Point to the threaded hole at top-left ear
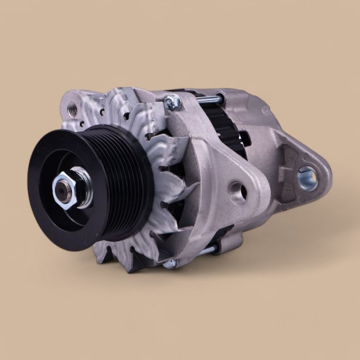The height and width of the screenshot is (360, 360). [x=72, y=109]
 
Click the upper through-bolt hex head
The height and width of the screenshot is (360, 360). [x=172, y=103]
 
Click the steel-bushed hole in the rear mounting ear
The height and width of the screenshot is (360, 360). [x=307, y=177]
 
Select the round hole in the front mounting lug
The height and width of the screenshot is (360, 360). [x=238, y=191]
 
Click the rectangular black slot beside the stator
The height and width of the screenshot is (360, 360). [x=244, y=138]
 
